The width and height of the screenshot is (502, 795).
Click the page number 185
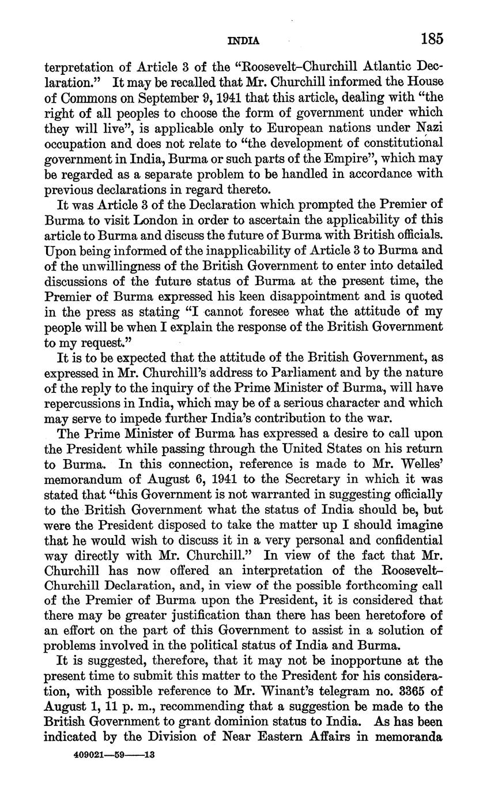point(431,39)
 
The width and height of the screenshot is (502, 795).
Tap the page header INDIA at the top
point(244,41)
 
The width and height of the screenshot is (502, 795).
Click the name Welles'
point(421,462)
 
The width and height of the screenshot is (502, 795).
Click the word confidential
point(402,540)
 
